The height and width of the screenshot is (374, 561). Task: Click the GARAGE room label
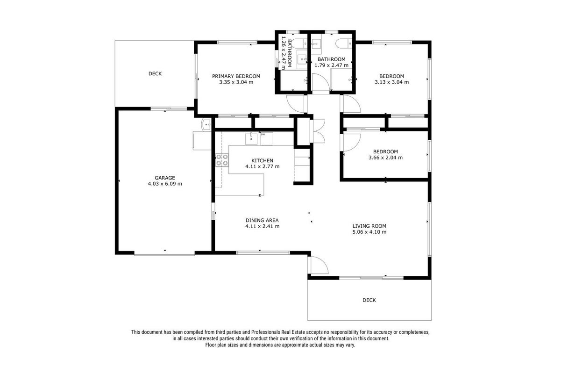tap(165, 178)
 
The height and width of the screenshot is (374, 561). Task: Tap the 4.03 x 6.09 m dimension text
tap(165, 184)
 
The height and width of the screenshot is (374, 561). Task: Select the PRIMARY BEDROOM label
tap(236, 76)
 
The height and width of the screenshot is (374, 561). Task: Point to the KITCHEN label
tap(262, 160)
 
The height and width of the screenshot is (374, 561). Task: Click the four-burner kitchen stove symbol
tap(222, 160)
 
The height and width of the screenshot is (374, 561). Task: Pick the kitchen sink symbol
tap(251, 139)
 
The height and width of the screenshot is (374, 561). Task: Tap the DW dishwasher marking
tap(263, 135)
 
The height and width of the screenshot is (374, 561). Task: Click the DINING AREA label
tap(262, 220)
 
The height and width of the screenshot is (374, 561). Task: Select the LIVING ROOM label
tap(369, 226)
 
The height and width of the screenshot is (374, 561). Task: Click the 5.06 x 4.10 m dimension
tap(369, 232)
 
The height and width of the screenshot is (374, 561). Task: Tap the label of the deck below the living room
tap(369, 300)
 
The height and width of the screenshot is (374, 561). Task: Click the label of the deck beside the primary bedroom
tap(155, 74)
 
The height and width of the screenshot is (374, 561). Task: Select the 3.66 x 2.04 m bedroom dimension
tap(385, 158)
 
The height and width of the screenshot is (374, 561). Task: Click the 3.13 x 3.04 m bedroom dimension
tap(392, 82)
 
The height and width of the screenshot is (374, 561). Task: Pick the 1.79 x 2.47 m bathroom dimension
tap(331, 65)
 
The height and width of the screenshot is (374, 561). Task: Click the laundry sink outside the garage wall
tap(206, 124)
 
